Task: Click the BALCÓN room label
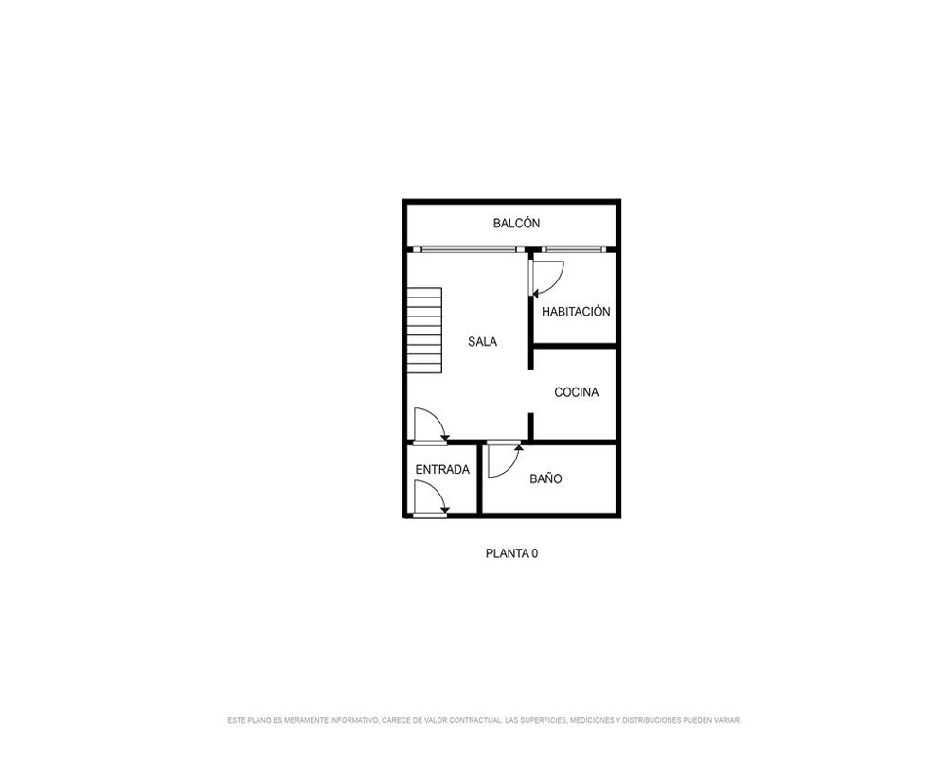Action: click(516, 223)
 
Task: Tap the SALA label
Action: click(483, 341)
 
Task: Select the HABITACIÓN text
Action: click(576, 312)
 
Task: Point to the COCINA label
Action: click(576, 392)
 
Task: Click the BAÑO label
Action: click(545, 478)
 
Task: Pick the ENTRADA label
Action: click(442, 470)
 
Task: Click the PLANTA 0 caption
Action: click(511, 553)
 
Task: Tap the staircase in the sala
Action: click(424, 330)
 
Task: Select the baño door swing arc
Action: click(510, 467)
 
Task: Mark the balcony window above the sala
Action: click(469, 249)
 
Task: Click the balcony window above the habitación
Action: click(573, 249)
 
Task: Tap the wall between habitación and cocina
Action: click(575, 346)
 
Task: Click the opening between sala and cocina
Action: click(531, 391)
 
